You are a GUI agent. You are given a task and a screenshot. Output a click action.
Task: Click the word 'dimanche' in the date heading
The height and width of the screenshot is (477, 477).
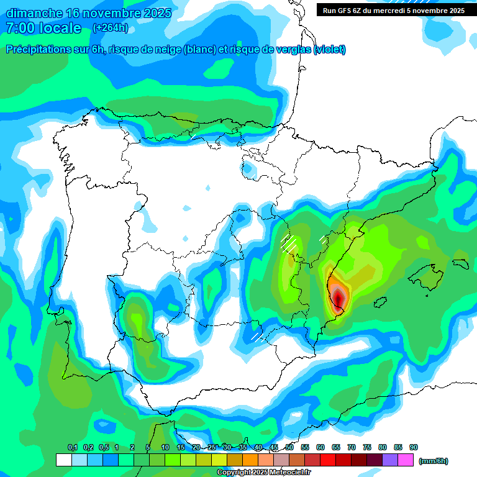(x=34, y=13)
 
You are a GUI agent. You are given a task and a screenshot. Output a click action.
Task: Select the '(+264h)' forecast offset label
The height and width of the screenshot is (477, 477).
(x=111, y=28)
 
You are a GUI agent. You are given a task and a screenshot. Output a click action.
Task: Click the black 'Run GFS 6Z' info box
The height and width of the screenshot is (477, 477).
(x=394, y=10)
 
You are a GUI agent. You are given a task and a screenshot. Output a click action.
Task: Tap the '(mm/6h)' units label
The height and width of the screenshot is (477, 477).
(x=433, y=461)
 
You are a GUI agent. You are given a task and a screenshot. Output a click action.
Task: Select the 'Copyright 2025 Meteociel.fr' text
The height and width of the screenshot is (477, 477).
(x=263, y=473)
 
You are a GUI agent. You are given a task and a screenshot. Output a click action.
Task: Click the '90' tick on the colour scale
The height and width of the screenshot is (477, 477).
(x=414, y=448)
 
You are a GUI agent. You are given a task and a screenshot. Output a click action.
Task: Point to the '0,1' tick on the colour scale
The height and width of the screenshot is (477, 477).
(x=72, y=448)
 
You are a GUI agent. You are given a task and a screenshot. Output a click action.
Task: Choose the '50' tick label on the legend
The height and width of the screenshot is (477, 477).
(x=289, y=448)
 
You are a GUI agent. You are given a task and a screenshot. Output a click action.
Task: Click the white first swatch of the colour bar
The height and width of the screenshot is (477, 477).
(x=63, y=460)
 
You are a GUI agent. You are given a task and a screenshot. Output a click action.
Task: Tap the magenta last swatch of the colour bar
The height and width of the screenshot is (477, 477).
(x=406, y=460)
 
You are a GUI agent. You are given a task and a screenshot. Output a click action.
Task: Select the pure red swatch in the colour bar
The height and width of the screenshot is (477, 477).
(x=328, y=460)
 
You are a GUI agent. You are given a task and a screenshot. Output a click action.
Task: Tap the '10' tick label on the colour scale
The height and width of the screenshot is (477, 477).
(x=165, y=448)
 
